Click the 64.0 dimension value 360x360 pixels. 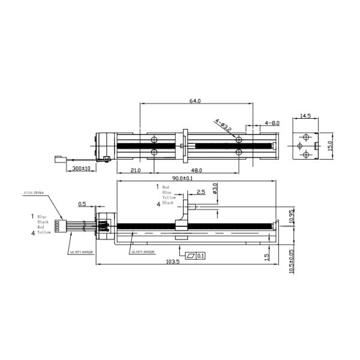194,101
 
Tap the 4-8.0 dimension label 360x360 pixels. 272,123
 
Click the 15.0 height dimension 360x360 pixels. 329,146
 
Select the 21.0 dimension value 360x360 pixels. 135,170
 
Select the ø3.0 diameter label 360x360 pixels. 215,188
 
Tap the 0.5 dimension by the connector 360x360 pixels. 82,203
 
